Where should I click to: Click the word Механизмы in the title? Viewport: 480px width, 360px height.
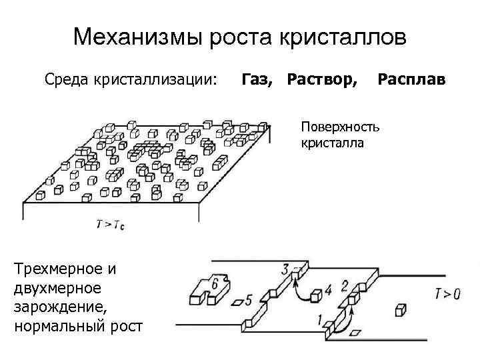coord(131,37)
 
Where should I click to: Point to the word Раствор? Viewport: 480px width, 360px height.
coord(321,80)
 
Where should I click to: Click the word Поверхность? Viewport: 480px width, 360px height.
coord(339,127)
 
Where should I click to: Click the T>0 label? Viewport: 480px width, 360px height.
coord(447,292)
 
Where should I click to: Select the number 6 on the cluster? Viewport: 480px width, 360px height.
coord(214,284)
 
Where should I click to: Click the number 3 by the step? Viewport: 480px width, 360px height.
coord(285,269)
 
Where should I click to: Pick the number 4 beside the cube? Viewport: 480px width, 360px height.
coord(327,290)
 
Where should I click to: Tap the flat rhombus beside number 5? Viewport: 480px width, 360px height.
coord(237,303)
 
